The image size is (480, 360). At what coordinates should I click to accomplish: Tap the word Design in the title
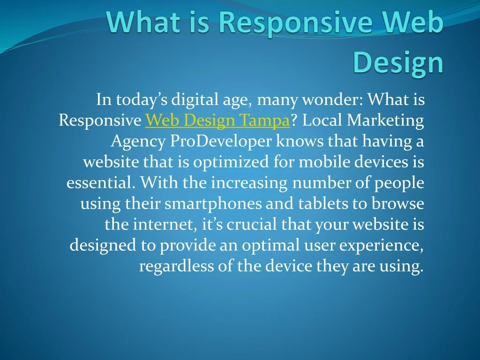coord(398,63)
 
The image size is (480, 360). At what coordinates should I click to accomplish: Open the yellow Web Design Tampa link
coord(217,120)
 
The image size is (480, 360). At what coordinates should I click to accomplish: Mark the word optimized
coord(231,162)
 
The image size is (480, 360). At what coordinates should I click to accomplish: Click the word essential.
coord(101,182)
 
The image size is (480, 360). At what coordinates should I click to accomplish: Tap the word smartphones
coord(213,204)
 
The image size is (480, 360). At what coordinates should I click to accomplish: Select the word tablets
coord(323,203)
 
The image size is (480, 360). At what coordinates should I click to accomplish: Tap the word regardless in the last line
coord(176,266)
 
